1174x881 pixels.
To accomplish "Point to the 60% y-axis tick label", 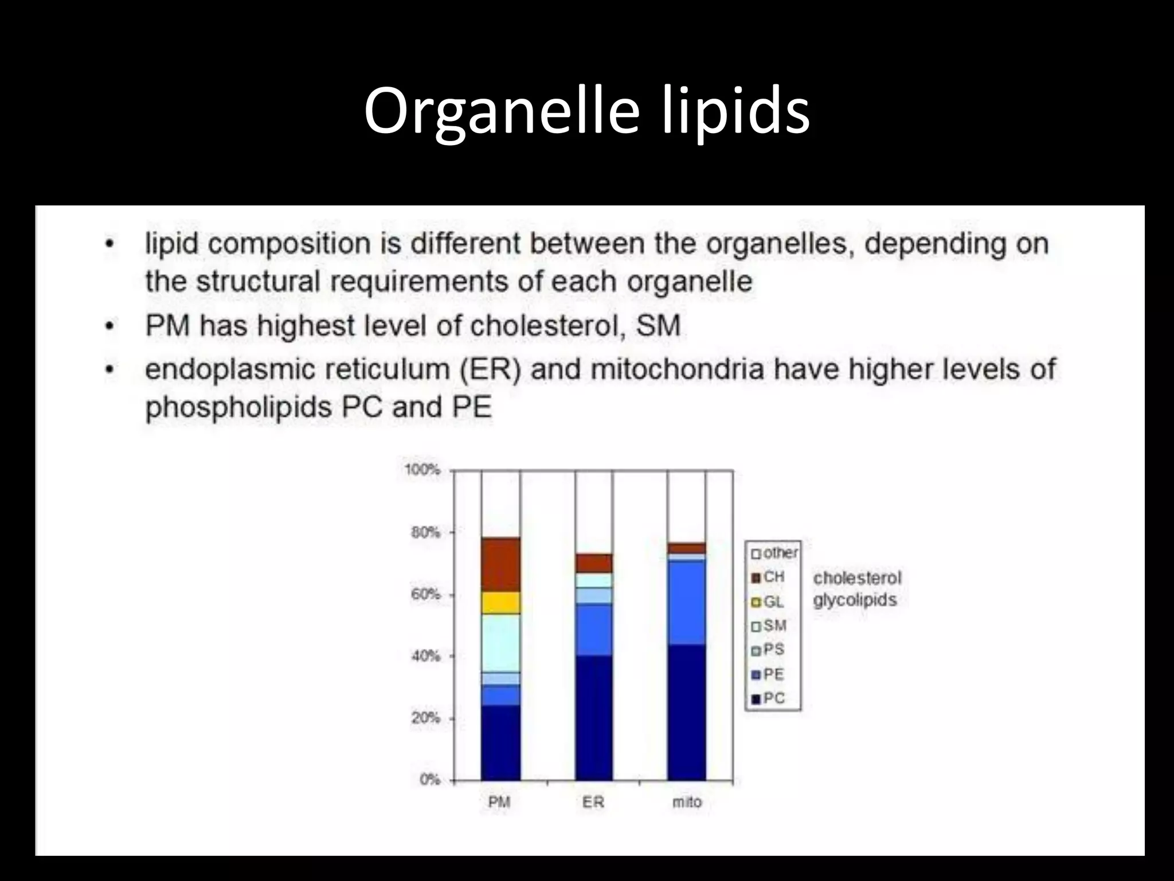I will [x=425, y=594].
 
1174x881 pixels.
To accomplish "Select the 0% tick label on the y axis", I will [x=429, y=779].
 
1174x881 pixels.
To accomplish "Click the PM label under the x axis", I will [x=499, y=802].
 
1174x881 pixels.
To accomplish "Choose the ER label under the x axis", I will [x=593, y=802].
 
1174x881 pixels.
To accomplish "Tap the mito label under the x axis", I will [x=687, y=802].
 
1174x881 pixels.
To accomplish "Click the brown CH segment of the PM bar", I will [x=500, y=564].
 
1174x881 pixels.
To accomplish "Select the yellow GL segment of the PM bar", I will [x=500, y=602].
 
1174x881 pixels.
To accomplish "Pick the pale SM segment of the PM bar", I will [x=500, y=642].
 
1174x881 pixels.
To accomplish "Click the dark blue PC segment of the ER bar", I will [x=594, y=717].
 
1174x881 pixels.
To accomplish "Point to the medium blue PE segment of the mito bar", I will [x=687, y=602].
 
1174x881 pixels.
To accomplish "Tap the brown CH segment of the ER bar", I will [x=594, y=563].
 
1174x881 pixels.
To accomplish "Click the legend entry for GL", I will [x=768, y=602].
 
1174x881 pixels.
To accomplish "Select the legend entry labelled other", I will [x=774, y=553].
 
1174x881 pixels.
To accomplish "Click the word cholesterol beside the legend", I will [x=857, y=578].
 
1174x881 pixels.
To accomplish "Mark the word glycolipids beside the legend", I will [x=855, y=601].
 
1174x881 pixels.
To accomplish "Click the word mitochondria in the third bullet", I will [x=677, y=369].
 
